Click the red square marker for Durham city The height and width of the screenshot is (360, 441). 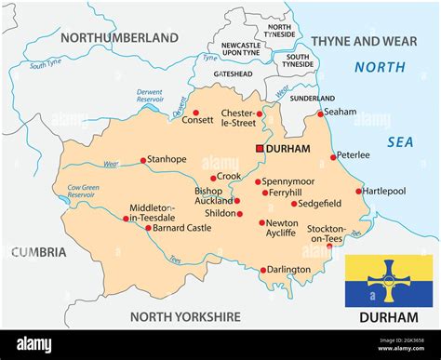click(x=260, y=148)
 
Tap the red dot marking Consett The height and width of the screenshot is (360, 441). click(x=195, y=113)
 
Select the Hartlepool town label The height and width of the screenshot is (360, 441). click(x=384, y=191)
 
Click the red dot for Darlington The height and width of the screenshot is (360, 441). click(x=263, y=270)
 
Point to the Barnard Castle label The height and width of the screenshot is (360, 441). click(x=182, y=228)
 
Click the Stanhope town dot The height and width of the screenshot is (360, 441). click(x=142, y=160)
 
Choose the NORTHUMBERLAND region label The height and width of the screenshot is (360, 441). click(x=119, y=38)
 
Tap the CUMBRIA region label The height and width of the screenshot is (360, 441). click(x=39, y=251)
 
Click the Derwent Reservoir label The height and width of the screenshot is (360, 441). click(x=150, y=97)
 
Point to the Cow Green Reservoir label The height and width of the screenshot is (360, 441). click(x=83, y=192)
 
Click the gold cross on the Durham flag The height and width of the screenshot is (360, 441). click(x=388, y=280)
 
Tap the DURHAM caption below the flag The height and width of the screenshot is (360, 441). click(x=388, y=317)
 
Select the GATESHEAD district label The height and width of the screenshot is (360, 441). click(x=234, y=73)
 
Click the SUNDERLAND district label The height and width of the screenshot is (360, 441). click(x=312, y=97)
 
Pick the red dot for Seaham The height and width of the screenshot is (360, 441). click(x=320, y=113)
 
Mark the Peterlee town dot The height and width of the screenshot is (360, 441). click(x=333, y=156)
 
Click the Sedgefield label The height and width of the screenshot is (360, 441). click(x=321, y=203)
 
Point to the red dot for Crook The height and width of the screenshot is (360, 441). click(x=213, y=178)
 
